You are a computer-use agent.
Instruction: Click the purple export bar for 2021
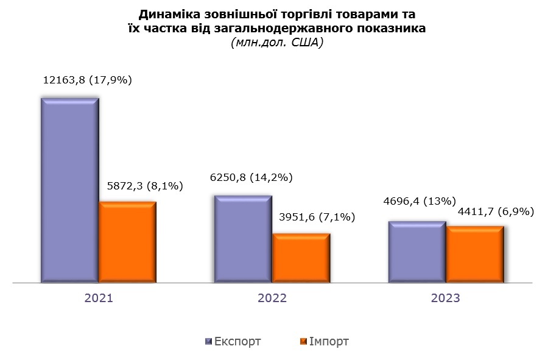pyautogui.click(x=69, y=190)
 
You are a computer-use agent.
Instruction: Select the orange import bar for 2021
pyautogui.click(x=127, y=242)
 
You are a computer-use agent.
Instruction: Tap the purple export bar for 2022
pyautogui.click(x=243, y=239)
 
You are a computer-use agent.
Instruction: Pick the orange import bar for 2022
pyautogui.click(x=301, y=258)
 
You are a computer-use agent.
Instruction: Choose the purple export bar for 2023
pyautogui.click(x=417, y=252)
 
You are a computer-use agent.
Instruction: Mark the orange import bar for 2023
pyautogui.click(x=475, y=255)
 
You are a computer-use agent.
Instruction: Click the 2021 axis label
pyautogui.click(x=99, y=298)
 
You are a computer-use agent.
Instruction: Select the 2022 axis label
pyautogui.click(x=272, y=298)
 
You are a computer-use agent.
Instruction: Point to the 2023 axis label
pyautogui.click(x=445, y=298)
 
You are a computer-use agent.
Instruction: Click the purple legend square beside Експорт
pyautogui.click(x=208, y=342)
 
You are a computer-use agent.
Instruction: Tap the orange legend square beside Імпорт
pyautogui.click(x=304, y=342)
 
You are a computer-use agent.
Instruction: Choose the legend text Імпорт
pyautogui.click(x=329, y=342)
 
